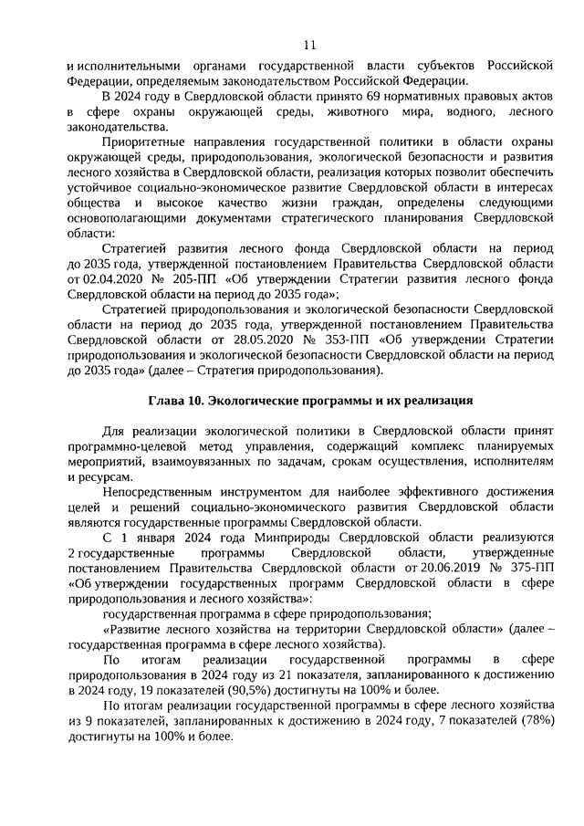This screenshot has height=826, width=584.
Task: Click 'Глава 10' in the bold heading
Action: pyautogui.click(x=177, y=403)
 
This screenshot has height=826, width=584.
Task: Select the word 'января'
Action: pyautogui.click(x=145, y=537)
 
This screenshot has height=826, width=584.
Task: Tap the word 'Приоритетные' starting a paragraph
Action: pyautogui.click(x=148, y=143)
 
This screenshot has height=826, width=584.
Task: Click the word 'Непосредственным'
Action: pyautogui.click(x=161, y=490)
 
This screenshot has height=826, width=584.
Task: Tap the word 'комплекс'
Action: pyautogui.click(x=427, y=447)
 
